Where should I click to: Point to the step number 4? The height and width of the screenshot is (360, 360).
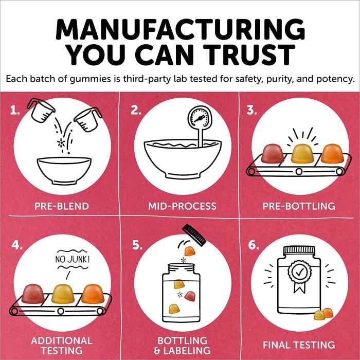17,245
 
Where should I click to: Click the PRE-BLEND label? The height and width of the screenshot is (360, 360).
61,206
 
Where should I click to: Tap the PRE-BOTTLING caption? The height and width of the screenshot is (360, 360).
298,206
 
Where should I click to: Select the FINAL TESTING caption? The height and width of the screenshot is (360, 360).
298,345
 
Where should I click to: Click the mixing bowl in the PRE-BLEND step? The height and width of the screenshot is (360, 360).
61,167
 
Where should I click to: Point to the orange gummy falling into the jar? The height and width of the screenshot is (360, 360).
190,250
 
